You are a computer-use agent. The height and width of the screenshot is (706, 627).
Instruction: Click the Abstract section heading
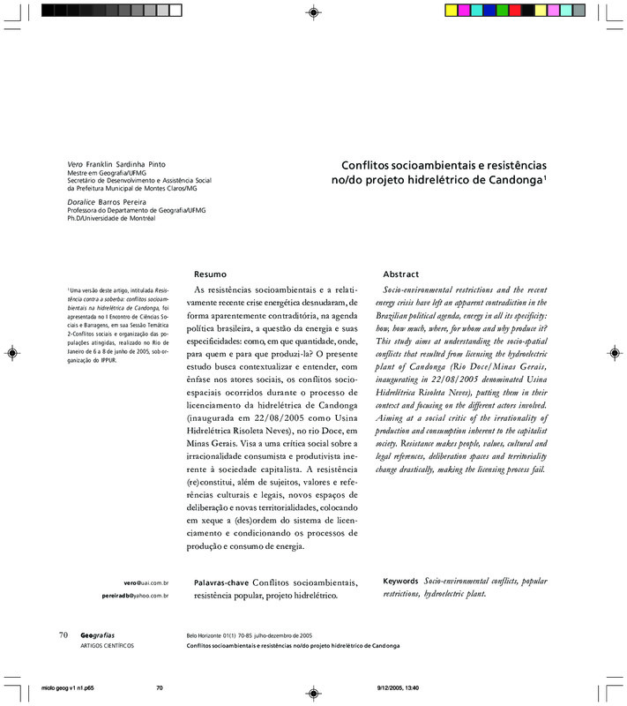400,274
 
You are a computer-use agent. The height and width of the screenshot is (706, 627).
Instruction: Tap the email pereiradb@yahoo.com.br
136,597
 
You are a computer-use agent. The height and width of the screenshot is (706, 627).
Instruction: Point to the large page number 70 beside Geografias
63,635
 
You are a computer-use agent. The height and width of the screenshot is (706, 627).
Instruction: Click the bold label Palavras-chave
220,583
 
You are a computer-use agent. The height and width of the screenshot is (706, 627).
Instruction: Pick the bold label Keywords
401,582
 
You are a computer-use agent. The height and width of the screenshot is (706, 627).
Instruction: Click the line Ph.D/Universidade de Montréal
111,219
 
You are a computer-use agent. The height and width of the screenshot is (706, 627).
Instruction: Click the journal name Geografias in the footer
97,635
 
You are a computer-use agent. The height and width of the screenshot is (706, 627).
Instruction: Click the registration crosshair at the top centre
313,11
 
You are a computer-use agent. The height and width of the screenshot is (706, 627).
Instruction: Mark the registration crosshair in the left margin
11,353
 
